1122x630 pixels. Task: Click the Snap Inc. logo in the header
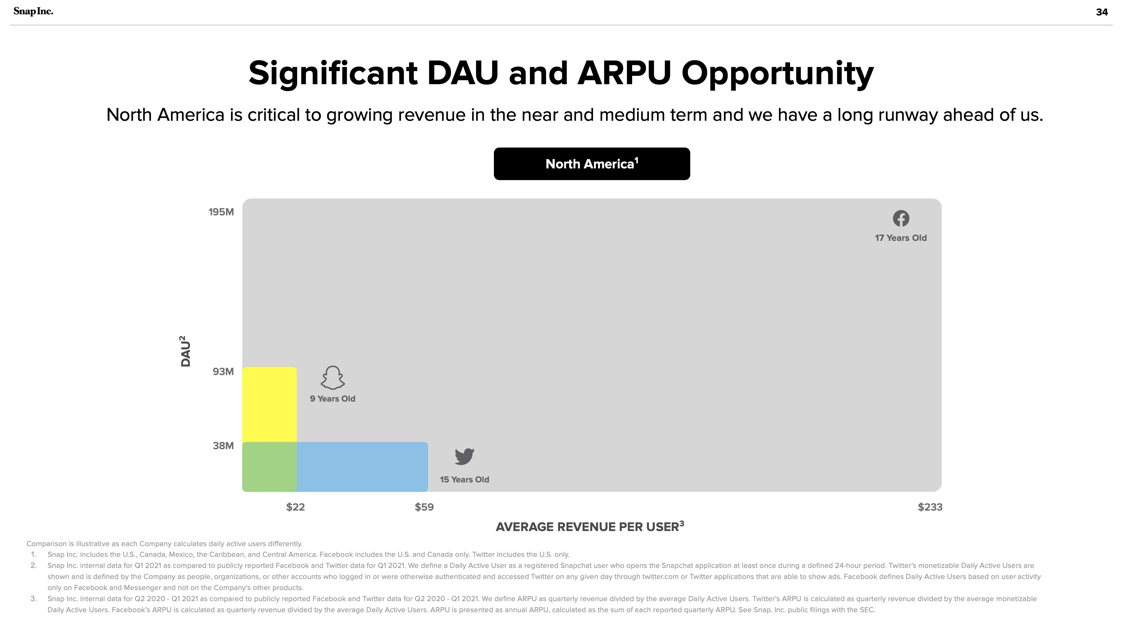point(33,11)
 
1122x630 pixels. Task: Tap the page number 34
point(1102,12)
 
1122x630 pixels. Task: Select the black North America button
point(592,164)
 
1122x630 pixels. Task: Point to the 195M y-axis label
point(221,212)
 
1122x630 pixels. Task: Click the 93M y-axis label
point(223,372)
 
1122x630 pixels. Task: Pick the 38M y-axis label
point(223,446)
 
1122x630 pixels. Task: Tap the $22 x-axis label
point(295,507)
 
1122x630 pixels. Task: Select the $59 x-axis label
point(424,507)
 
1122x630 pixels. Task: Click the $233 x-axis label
point(930,507)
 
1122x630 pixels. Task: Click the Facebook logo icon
point(901,218)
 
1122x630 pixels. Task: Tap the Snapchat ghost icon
point(333,377)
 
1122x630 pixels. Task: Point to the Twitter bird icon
point(464,457)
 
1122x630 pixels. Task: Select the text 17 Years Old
point(901,238)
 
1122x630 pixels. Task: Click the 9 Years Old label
point(333,399)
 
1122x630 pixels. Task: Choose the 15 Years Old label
point(464,480)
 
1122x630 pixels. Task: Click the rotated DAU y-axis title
point(185,351)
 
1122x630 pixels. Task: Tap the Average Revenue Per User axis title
point(590,526)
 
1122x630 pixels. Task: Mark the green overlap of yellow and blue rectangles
point(270,467)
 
